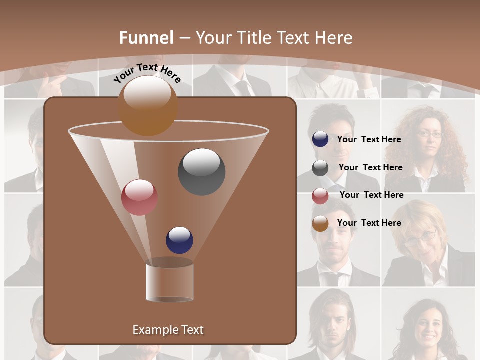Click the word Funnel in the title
click(x=146, y=38)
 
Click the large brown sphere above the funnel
click(x=148, y=106)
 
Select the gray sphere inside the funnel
click(x=202, y=171)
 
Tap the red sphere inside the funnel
click(x=139, y=197)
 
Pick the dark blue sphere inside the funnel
click(x=179, y=240)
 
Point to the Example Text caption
click(x=168, y=330)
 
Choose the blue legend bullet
click(x=320, y=139)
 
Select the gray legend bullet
click(x=320, y=168)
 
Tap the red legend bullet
click(x=320, y=196)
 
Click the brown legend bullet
click(x=320, y=223)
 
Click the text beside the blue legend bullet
click(x=369, y=139)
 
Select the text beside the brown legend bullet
click(x=369, y=223)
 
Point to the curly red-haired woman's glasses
click(x=430, y=134)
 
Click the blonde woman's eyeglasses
click(x=420, y=237)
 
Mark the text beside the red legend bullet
click(x=371, y=195)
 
